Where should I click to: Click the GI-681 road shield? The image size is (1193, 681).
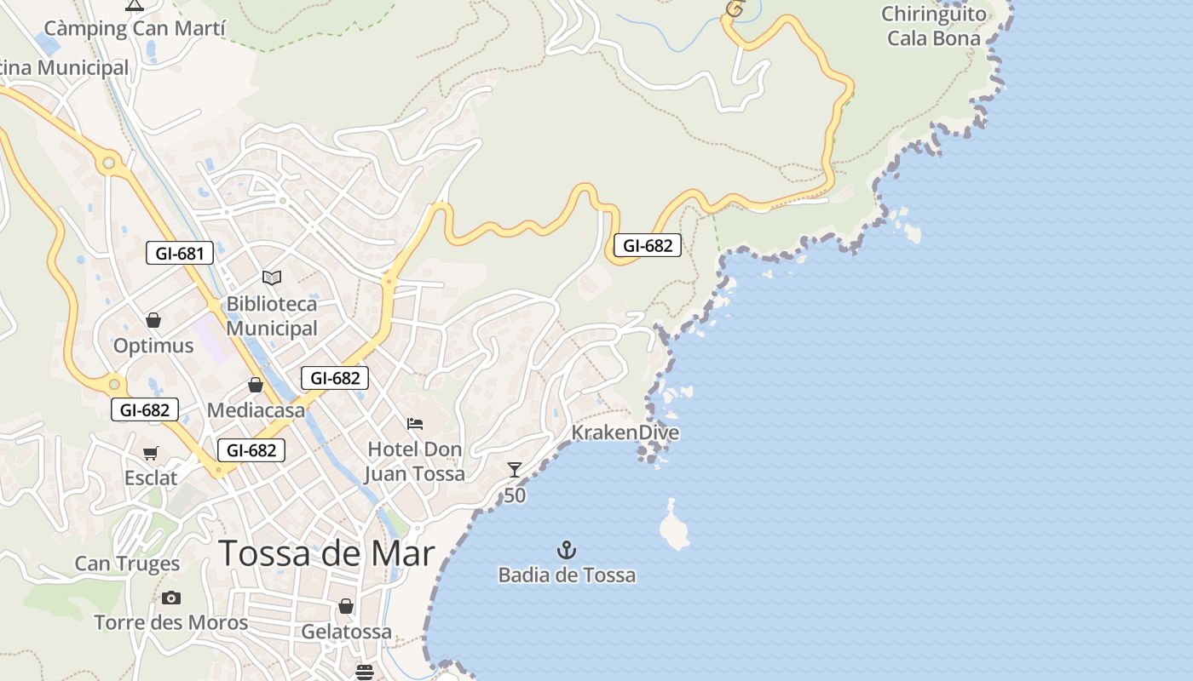[x=179, y=253]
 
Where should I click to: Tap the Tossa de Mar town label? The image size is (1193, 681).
[x=327, y=553]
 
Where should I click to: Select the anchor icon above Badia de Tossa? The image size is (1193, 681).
[x=567, y=550]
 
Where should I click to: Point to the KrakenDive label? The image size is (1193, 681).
[x=625, y=432]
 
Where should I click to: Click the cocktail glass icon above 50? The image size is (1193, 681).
[x=514, y=469]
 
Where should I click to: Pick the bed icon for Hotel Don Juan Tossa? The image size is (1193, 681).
[x=415, y=423]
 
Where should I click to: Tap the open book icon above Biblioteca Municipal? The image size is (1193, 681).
[x=272, y=278]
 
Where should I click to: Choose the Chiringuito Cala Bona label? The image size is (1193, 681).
[x=934, y=26]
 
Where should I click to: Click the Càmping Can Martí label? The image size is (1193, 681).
[x=135, y=28]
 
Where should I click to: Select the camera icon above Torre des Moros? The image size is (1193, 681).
[x=171, y=598]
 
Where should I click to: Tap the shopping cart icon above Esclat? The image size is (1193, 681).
[x=151, y=453]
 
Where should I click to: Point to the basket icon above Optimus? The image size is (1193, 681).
[x=153, y=320]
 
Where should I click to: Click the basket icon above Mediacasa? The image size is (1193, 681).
[x=255, y=385]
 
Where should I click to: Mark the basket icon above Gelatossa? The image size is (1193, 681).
[x=346, y=606]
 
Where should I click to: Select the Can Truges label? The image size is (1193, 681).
[x=127, y=564]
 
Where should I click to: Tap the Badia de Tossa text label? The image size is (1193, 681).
[x=567, y=575]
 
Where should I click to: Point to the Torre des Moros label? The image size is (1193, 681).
[x=170, y=622]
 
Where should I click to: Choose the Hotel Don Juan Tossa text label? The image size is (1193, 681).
[x=415, y=461]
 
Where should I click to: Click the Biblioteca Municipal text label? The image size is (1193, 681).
[x=272, y=316]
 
